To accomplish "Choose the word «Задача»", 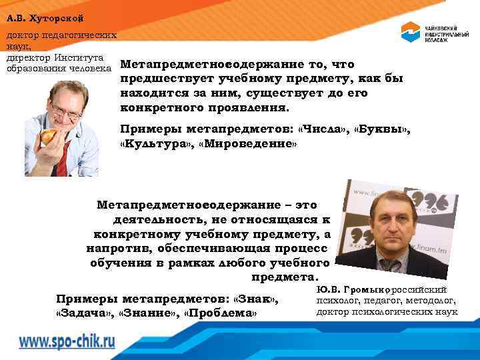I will pos(85,313).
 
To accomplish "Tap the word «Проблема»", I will pos(221,313).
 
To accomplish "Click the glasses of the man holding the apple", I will pos(67,107).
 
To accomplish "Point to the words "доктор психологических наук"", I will pos(387,311).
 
